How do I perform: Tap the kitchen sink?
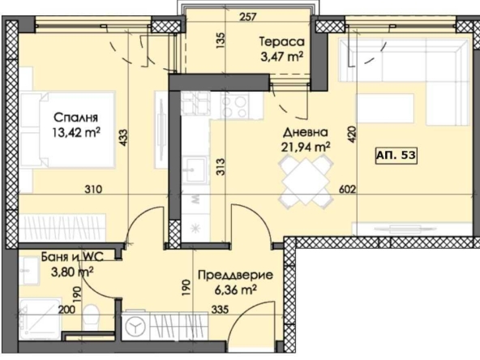pyautogui.click(x=194, y=169)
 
